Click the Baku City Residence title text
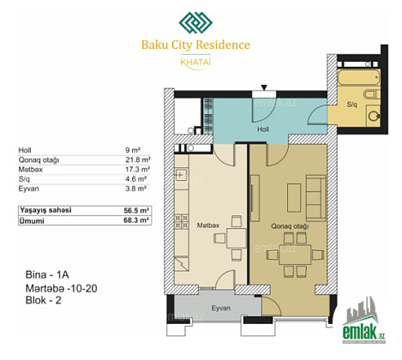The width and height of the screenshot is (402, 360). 195,45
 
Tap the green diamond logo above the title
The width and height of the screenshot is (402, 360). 195,22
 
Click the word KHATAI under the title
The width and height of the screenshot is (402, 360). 195,62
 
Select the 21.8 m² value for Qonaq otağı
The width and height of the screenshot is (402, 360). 138,159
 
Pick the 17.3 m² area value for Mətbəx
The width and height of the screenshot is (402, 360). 137,170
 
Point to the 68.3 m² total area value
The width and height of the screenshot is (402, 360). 136,220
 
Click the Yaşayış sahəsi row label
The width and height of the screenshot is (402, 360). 45,211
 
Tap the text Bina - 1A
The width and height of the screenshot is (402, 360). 47,274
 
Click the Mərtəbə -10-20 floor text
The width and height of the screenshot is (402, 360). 62,288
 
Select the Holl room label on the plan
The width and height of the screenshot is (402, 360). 263,129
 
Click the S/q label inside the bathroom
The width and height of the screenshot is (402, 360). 352,105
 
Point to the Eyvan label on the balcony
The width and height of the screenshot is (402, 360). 221,308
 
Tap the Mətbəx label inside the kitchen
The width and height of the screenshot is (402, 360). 208,225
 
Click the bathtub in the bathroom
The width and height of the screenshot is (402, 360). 359,77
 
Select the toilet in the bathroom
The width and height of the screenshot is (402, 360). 372,94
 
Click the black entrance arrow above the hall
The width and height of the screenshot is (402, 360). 264,87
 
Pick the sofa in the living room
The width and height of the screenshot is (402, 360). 315,198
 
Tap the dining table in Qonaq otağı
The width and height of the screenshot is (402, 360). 295,255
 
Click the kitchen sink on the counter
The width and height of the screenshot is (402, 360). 181,175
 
